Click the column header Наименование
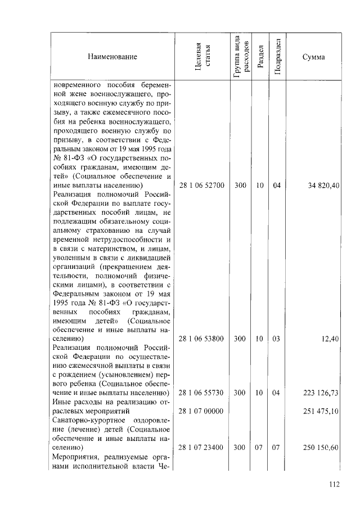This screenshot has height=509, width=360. (x=112, y=57)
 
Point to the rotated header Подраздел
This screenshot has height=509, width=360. (x=276, y=57)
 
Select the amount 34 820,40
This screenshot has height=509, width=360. (x=320, y=185)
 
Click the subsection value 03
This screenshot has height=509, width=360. (x=276, y=339)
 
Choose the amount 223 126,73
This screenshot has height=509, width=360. (x=318, y=393)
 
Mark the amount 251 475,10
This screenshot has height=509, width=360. (x=318, y=412)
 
